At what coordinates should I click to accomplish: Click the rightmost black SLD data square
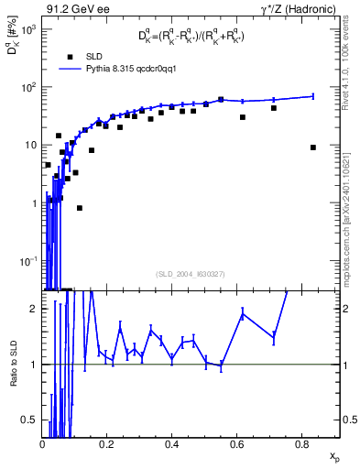(x=313, y=147)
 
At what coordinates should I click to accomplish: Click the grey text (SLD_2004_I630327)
(x=192, y=273)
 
